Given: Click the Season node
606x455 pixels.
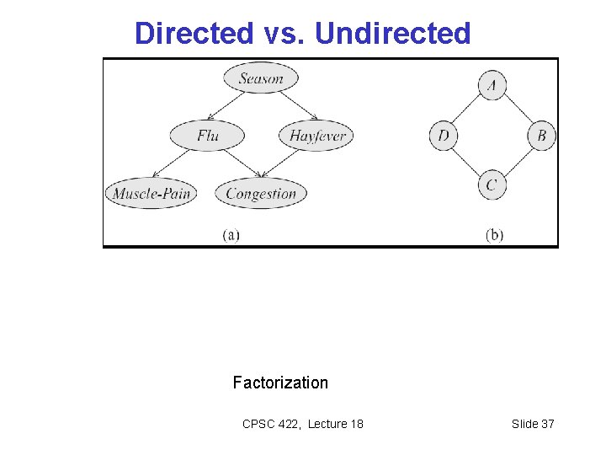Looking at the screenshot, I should click(x=261, y=78).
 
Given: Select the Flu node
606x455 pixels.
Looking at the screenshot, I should click(x=207, y=136).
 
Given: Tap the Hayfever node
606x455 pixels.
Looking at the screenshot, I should click(x=317, y=136).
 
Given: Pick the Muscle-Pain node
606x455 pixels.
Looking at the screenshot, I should click(x=151, y=194).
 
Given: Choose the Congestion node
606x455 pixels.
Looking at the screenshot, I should click(x=261, y=194).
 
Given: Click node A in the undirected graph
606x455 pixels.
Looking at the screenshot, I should click(x=492, y=85).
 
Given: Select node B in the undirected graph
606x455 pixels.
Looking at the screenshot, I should click(x=542, y=136).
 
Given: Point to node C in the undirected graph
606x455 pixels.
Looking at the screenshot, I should click(x=492, y=185).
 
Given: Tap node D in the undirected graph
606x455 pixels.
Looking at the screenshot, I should click(x=444, y=136).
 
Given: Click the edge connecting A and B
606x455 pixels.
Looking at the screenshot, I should click(x=518, y=110).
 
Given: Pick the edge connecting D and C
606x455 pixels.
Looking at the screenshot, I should click(x=468, y=160).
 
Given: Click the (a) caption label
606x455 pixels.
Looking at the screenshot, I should click(x=231, y=235).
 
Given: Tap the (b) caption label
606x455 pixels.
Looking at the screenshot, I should click(x=494, y=235).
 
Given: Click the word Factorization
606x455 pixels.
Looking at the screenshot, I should click(x=280, y=383).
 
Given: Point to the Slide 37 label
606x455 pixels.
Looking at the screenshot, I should click(x=533, y=424).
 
